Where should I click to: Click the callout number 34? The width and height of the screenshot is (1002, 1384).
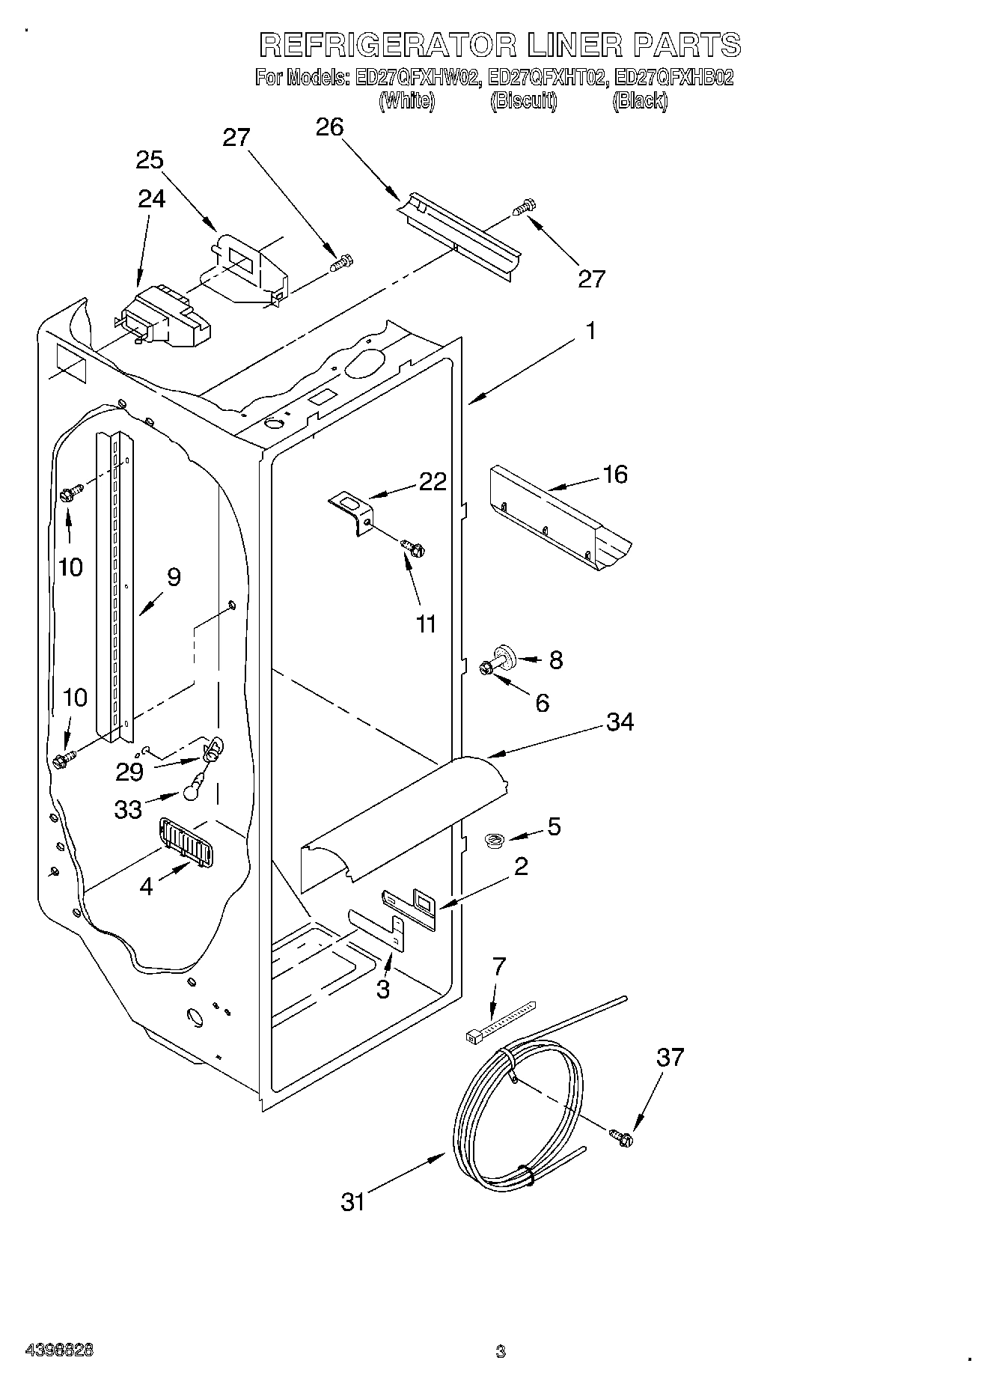click(620, 722)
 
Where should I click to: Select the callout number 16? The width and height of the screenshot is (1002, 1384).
click(615, 475)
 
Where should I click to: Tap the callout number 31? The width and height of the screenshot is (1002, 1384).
click(352, 1202)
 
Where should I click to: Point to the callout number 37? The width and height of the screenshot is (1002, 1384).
click(670, 1058)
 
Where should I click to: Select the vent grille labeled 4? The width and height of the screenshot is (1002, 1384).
click(185, 841)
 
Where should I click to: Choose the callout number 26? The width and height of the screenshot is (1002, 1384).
click(329, 128)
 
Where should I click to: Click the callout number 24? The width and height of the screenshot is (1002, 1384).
click(152, 199)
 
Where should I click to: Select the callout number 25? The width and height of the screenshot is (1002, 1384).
click(150, 160)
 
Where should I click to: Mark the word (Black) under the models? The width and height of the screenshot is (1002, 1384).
click(640, 102)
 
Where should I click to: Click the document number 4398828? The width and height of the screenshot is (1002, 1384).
click(60, 1351)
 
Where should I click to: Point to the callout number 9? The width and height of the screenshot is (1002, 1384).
click(174, 577)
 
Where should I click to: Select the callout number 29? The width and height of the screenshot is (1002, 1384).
click(129, 771)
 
